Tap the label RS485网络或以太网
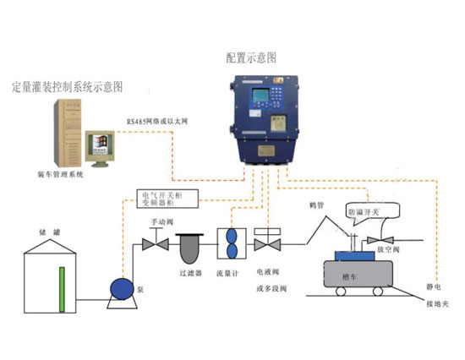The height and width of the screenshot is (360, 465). (157, 121)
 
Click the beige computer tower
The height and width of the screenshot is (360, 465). (67, 133)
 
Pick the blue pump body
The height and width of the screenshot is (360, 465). (119, 287)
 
